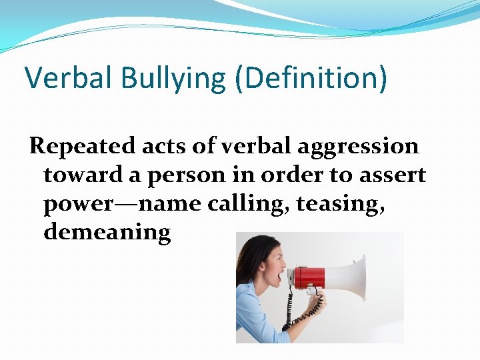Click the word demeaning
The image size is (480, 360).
coord(107,233)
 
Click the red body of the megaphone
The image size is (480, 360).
coord(309,276)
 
